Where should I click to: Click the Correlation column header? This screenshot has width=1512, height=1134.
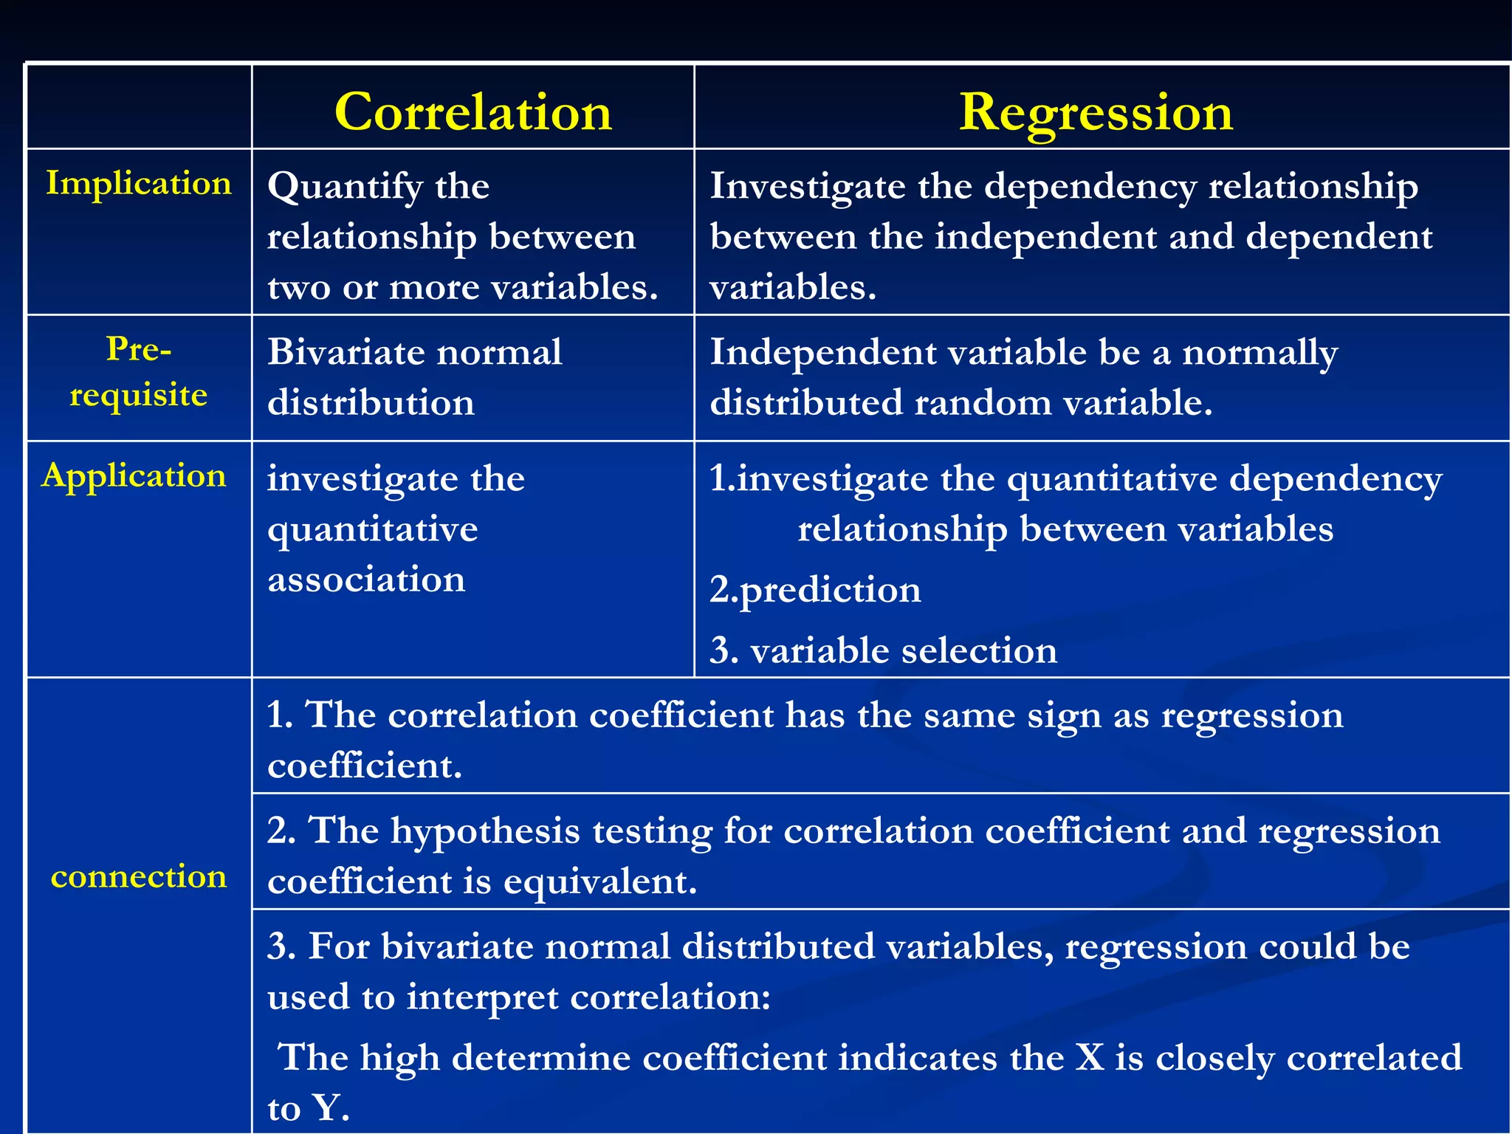coord(473,113)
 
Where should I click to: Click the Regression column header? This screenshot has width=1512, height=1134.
coord(1096,113)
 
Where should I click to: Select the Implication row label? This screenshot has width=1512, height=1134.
coord(139,183)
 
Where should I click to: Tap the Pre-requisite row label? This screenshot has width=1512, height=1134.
coord(139,372)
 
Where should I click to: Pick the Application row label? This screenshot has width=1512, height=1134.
coord(134,475)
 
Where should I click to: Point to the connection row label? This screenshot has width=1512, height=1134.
coord(139,877)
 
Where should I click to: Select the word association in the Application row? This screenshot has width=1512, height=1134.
coord(366,580)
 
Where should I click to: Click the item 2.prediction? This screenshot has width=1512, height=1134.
coord(815,591)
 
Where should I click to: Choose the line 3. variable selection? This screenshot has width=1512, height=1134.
coord(883,651)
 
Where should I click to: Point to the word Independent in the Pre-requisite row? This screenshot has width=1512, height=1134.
coord(822,352)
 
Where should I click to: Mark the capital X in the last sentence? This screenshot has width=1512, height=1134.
coord(1090,1058)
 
